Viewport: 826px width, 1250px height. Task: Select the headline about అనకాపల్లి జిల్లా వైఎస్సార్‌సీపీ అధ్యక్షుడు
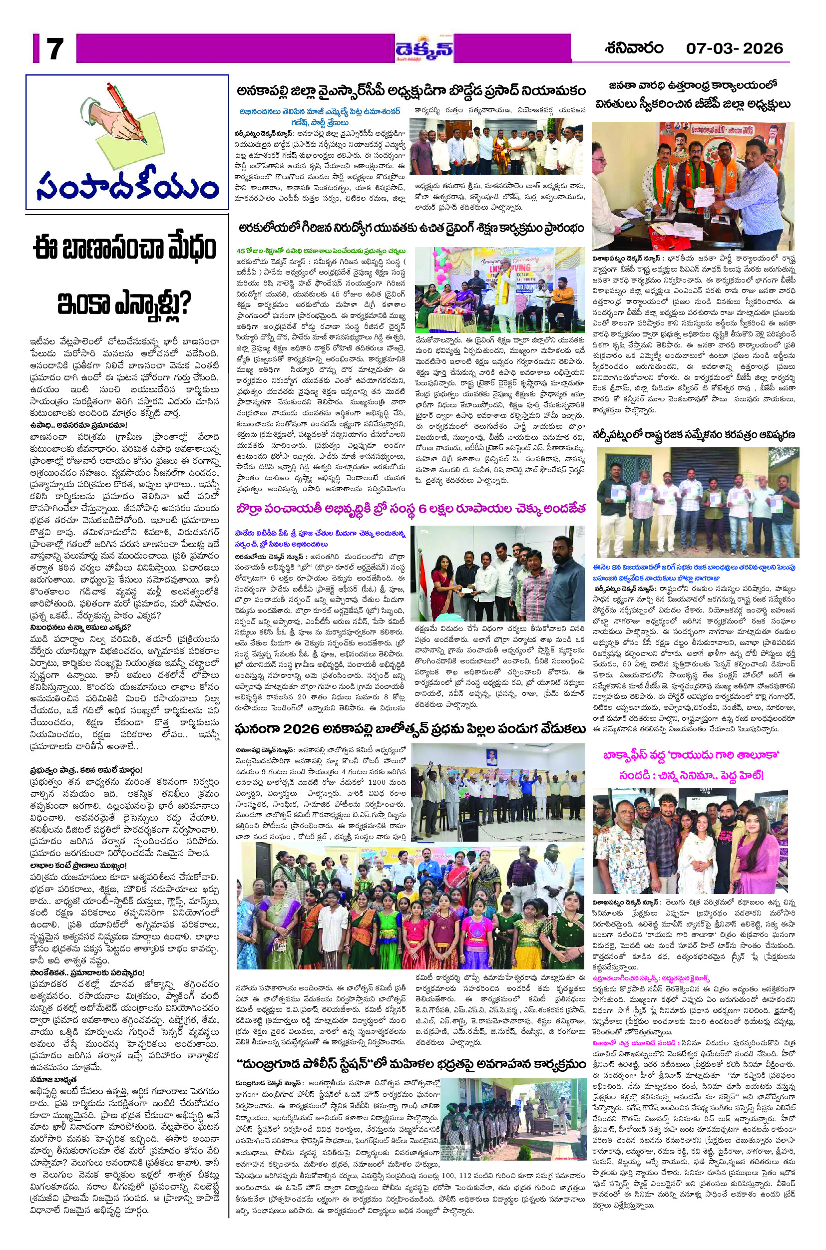click(411, 90)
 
